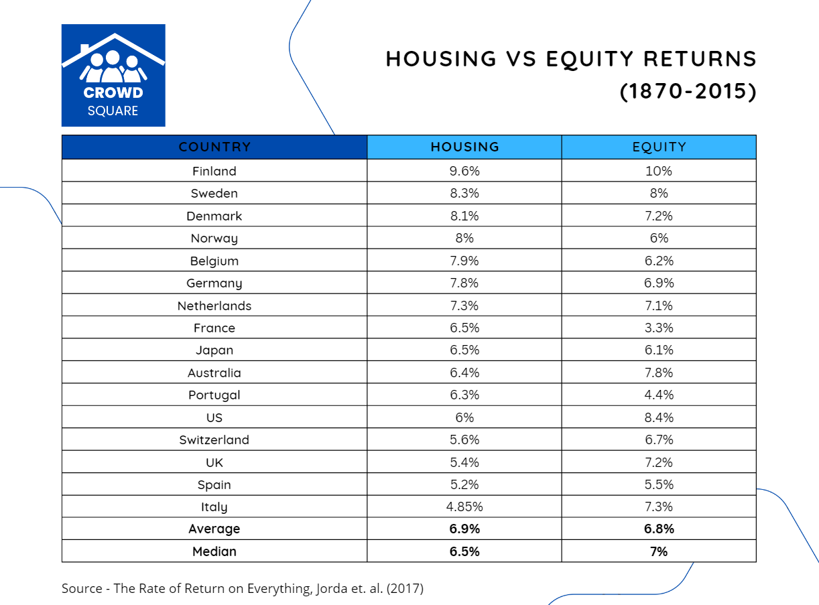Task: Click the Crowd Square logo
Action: click(x=113, y=75)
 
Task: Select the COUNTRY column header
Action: click(x=214, y=147)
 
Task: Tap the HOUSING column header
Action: click(x=464, y=147)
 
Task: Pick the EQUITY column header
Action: click(x=659, y=147)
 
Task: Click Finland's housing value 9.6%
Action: click(x=464, y=171)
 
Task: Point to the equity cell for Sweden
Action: click(x=659, y=193)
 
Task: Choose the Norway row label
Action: click(x=214, y=239)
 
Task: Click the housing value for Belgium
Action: click(x=464, y=261)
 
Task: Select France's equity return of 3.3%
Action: click(x=659, y=328)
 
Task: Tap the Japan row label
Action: click(x=214, y=350)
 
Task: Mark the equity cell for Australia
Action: click(x=659, y=373)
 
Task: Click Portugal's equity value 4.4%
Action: click(x=659, y=395)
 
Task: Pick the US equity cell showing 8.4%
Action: click(x=659, y=417)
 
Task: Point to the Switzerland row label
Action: click(x=214, y=440)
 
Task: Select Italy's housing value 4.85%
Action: click(x=464, y=507)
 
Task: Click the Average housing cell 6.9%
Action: click(x=464, y=529)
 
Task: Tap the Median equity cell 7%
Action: click(x=659, y=551)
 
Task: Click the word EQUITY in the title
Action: click(x=589, y=60)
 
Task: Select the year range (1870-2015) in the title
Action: click(x=688, y=92)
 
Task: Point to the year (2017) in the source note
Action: click(x=405, y=588)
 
